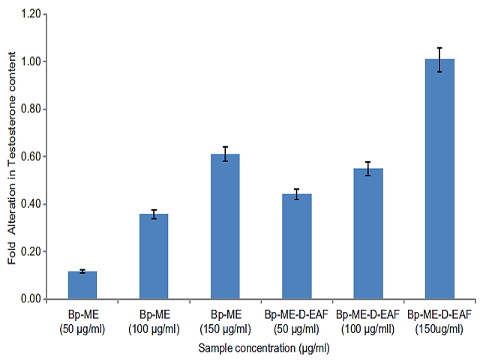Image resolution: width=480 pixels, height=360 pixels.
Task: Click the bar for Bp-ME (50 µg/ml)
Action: (x=82, y=285)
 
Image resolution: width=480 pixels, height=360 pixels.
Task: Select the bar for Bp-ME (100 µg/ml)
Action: (x=154, y=256)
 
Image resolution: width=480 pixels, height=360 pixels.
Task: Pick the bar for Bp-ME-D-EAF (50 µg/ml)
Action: (x=296, y=247)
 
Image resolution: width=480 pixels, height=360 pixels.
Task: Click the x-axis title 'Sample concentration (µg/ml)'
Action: (x=264, y=349)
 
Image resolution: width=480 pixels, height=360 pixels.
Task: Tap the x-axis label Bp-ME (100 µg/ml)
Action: (x=154, y=321)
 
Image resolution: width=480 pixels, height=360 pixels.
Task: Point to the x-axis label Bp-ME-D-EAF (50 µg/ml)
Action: (x=296, y=321)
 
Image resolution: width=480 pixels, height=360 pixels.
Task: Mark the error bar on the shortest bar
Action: (x=82, y=271)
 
